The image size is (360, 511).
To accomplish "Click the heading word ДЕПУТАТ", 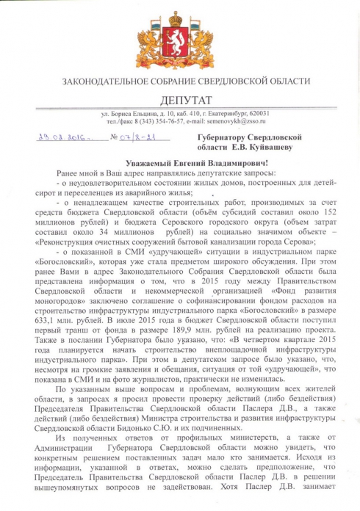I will (x=180, y=99).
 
